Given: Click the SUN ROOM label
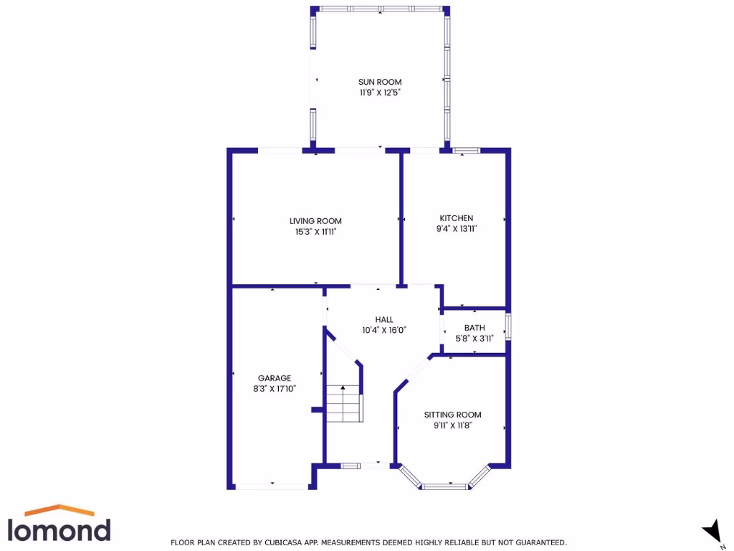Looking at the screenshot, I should (380, 82).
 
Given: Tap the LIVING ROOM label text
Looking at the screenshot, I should (315, 220).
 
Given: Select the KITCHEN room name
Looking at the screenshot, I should (457, 218).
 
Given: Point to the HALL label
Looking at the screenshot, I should (384, 319).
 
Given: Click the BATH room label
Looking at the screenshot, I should (475, 328).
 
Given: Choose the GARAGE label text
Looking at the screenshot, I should (275, 378).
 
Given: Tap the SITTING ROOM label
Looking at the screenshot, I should (452, 415).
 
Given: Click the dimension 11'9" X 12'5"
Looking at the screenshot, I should (380, 93).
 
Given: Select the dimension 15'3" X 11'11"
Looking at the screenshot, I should (315, 231).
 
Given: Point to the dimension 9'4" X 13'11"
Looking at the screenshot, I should (457, 229).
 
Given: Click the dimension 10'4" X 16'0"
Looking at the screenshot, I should (384, 331).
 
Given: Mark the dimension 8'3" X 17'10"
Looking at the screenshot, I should (275, 389).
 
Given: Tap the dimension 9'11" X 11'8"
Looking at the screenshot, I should (452, 425).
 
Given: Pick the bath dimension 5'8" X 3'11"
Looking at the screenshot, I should (475, 339).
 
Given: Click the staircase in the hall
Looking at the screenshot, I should (345, 403).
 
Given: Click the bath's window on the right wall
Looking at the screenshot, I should (508, 325).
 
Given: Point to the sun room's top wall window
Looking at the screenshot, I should (381, 9).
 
